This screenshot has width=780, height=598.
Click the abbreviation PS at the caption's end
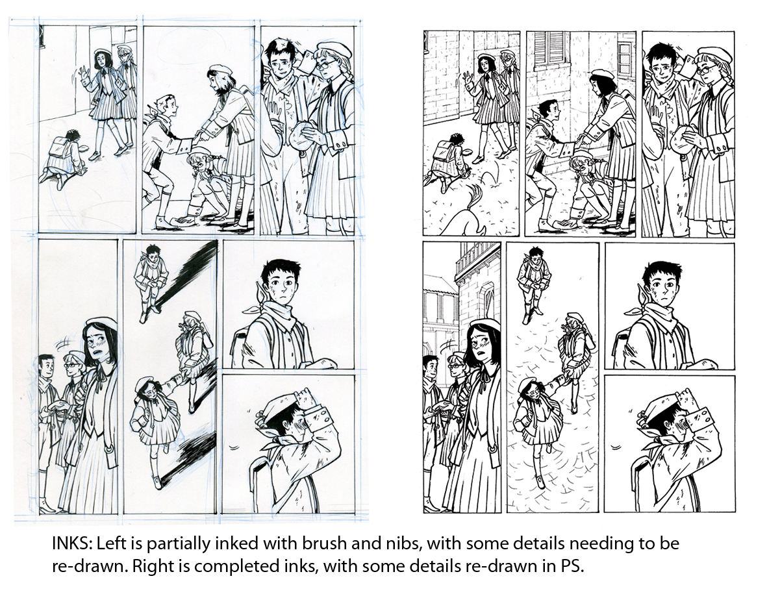pyautogui.click(x=571, y=567)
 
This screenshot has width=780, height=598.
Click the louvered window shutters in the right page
pyautogui.click(x=549, y=47)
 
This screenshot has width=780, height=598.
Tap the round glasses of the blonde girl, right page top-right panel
pyautogui.click(x=707, y=69)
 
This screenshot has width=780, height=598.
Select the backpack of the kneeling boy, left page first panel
pyautogui.click(x=59, y=146)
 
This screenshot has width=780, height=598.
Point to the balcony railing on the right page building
pyautogui.click(x=477, y=262)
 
